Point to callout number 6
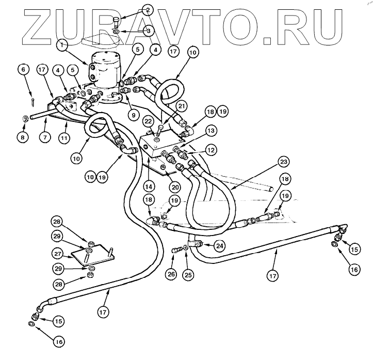(x=22, y=69)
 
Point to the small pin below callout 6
(x=32, y=95)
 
